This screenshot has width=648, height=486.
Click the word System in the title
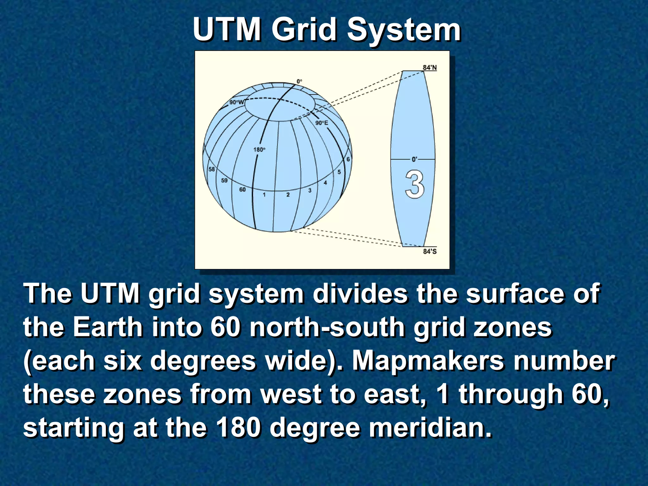pyautogui.click(x=404, y=30)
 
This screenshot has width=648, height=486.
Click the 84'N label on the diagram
pyautogui.click(x=430, y=67)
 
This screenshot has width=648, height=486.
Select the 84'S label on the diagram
pyautogui.click(x=430, y=252)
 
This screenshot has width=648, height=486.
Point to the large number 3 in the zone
pyautogui.click(x=414, y=184)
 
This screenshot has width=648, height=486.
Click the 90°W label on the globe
pyautogui.click(x=237, y=102)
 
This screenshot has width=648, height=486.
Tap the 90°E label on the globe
pyautogui.click(x=322, y=123)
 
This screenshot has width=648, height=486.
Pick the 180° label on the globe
pyautogui.click(x=259, y=149)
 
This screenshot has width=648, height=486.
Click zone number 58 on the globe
pyautogui.click(x=212, y=169)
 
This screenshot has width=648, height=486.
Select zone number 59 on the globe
pyautogui.click(x=224, y=180)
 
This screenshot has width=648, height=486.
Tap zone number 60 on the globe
pyautogui.click(x=242, y=190)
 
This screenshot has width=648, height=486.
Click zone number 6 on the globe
pyautogui.click(x=348, y=159)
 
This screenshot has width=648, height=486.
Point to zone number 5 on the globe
pyautogui.click(x=339, y=172)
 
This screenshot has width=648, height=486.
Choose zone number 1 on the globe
pyautogui.click(x=264, y=195)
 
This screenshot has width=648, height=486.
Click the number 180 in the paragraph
pyautogui.click(x=239, y=427)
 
